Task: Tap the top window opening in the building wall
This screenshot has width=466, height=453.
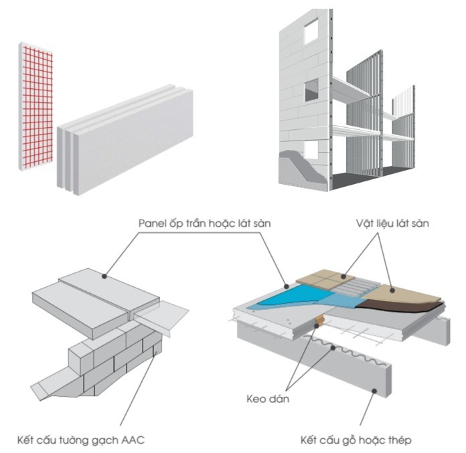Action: (311, 29)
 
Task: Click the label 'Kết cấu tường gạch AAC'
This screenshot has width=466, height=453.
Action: (81, 440)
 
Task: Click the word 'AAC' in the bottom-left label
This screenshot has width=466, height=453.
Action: (133, 440)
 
